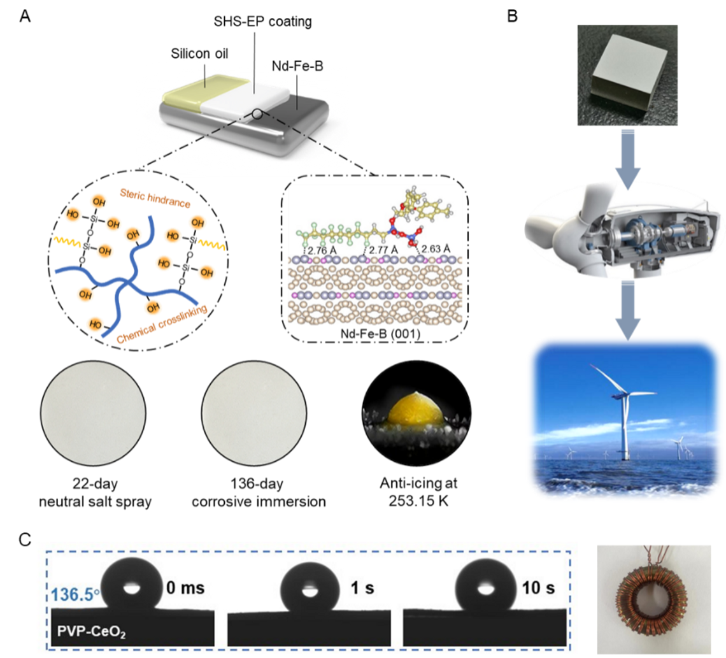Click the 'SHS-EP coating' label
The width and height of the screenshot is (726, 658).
click(262, 22)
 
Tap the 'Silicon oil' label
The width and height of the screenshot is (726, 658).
click(199, 54)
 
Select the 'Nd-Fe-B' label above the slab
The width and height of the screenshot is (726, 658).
click(297, 66)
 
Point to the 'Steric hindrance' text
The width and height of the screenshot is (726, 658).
click(155, 198)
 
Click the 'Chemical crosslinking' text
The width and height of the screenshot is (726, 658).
click(162, 324)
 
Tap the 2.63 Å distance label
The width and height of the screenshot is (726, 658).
click(436, 249)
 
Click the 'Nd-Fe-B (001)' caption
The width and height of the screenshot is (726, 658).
click(380, 333)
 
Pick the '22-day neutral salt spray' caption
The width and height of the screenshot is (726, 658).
click(95, 492)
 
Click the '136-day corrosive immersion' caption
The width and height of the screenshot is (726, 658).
click(259, 492)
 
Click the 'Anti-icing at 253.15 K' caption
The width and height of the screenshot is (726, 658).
click(418, 492)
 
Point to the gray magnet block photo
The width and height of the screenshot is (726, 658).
click(627, 75)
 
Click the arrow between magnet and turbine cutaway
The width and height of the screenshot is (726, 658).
click(628, 159)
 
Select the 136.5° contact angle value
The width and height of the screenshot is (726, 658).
click(75, 594)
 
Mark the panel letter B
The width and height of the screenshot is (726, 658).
click(512, 16)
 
